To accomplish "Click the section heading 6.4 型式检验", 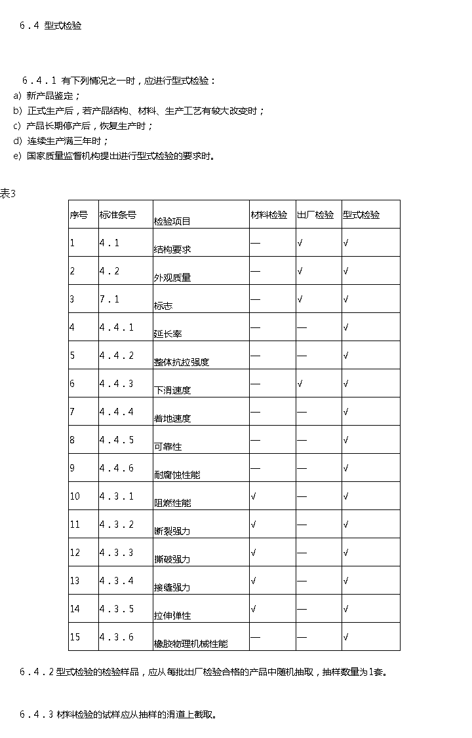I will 51,26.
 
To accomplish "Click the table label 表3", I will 7,193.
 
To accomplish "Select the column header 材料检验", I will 269,215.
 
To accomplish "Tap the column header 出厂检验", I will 315,215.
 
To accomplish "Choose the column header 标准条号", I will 118,215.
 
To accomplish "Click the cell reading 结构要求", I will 172,249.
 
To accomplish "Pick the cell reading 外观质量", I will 172,278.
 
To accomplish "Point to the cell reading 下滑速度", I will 172,390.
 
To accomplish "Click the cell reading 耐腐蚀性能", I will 177,475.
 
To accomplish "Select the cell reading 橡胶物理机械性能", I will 191,644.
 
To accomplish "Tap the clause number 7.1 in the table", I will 109,299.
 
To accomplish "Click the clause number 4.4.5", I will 117,440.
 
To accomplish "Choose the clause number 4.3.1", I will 117,496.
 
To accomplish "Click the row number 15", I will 75,637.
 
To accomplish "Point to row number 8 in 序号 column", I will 72,440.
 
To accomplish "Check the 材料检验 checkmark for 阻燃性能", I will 253,496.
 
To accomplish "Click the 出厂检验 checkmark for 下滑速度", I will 300,384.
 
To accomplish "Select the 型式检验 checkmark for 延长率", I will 345,327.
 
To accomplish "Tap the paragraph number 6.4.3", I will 37,714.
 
